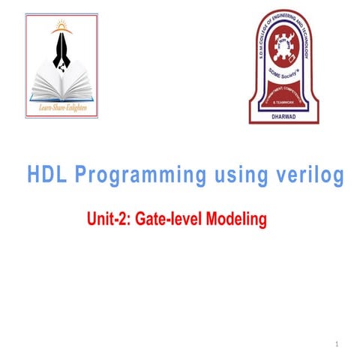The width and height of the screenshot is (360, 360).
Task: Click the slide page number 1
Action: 338,344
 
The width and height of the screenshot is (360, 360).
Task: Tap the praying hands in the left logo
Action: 61,56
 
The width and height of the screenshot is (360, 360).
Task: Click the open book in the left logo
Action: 61,89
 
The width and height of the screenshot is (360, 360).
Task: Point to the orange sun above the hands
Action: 61,28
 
